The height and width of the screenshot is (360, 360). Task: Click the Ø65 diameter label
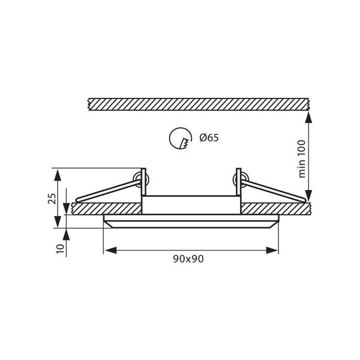pyautogui.click(x=209, y=138)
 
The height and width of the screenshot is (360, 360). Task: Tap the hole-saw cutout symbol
pyautogui.click(x=181, y=139)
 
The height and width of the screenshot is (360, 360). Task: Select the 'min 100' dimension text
pyautogui.click(x=302, y=159)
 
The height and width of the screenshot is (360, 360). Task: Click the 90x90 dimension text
pyautogui.click(x=188, y=259)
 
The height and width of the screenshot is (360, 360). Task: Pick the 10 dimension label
pyautogui.click(x=60, y=249)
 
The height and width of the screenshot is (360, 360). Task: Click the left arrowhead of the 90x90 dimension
pyautogui.click(x=110, y=250)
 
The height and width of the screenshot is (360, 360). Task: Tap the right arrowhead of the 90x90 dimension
pyautogui.click(x=272, y=250)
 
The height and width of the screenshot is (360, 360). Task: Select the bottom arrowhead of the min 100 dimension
pyautogui.click(x=309, y=196)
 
